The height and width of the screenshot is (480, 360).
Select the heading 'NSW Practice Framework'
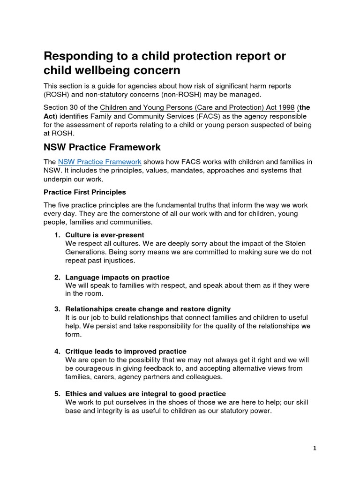102,147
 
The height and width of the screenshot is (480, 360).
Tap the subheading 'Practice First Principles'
84,192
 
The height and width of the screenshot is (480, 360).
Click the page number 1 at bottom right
315,448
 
